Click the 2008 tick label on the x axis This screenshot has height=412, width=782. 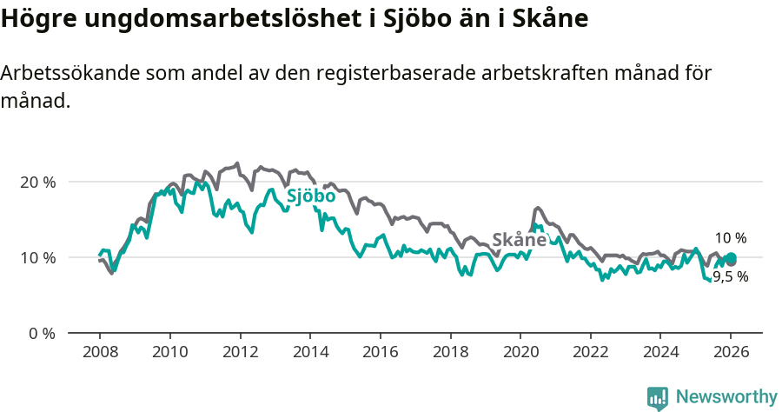[99, 353]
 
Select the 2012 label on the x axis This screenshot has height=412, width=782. [239, 353]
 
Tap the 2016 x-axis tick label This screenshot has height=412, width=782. [380, 353]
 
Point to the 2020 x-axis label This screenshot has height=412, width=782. [520, 353]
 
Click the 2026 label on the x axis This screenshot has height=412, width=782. [731, 353]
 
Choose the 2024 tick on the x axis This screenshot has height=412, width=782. [659, 353]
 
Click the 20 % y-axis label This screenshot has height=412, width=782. [37, 183]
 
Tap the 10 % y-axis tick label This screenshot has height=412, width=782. [37, 258]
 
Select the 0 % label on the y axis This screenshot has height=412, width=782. [41, 334]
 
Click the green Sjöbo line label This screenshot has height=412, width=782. [311, 197]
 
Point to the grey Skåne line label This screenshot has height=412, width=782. [519, 240]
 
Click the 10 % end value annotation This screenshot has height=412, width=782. [730, 238]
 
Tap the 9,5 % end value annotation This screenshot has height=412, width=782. [730, 277]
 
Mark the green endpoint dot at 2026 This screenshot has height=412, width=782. [731, 257]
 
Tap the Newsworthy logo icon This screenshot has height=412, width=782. [658, 397]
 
